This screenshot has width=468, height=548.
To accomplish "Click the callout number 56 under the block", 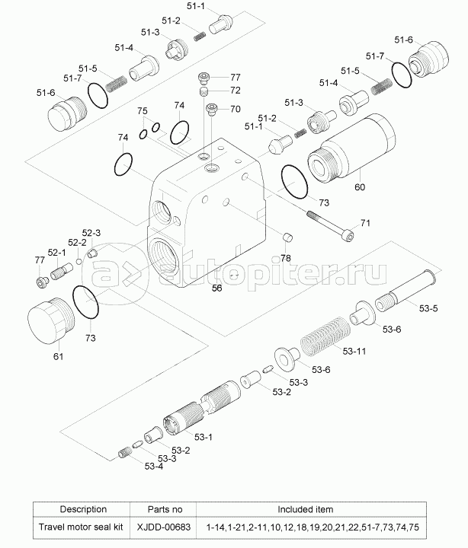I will (216, 288).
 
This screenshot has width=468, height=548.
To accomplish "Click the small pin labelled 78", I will (287, 238).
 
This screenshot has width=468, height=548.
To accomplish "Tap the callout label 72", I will (236, 91).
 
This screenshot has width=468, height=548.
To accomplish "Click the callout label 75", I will (143, 112).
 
